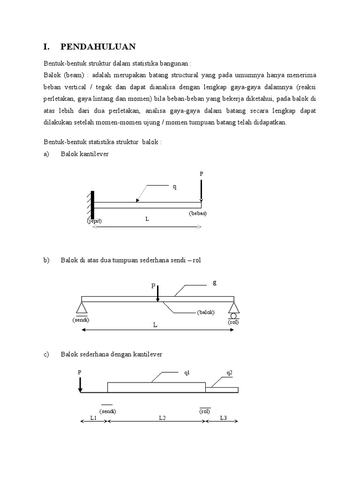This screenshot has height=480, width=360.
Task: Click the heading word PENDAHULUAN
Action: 98,46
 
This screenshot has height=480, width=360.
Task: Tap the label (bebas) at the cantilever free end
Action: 197,213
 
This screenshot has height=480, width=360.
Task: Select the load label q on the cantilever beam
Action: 175,186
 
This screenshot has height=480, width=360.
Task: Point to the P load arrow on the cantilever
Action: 201,190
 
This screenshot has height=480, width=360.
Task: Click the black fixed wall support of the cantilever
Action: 93,204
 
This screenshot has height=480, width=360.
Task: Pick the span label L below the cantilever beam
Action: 147,219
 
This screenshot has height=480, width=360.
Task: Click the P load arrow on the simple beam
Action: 158,293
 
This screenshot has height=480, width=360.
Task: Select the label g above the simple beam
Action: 215,282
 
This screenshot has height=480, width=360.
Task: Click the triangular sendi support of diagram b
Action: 82,307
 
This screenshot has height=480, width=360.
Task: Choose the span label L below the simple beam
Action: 155,324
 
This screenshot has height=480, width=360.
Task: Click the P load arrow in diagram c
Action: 80,382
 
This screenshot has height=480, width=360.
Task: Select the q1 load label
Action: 187,374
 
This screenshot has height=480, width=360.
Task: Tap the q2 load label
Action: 229,374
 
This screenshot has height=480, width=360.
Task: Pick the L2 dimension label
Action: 162,418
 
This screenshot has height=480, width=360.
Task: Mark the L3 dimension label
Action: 224,418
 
